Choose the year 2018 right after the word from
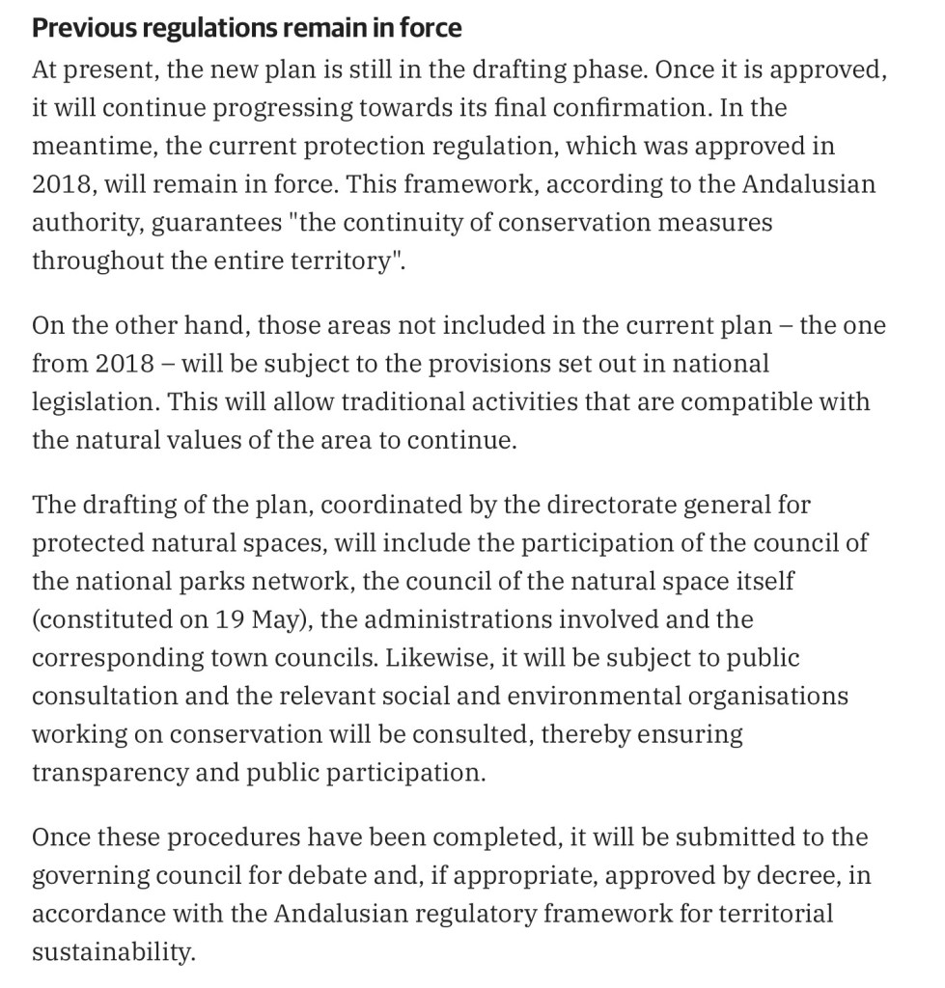click(x=125, y=364)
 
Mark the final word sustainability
click(x=112, y=952)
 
